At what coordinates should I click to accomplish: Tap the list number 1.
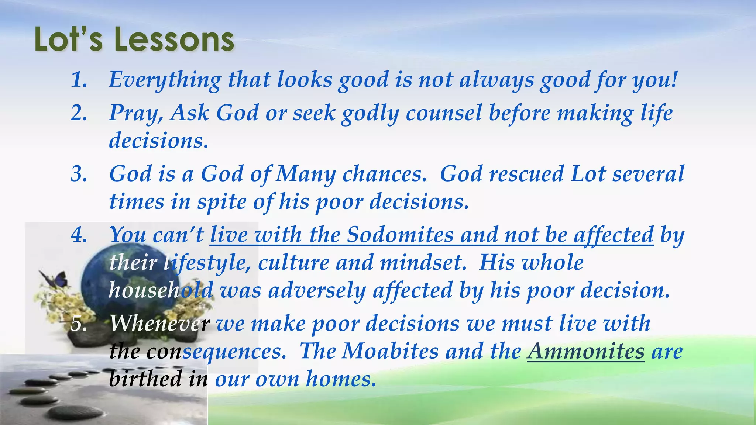click(x=78, y=80)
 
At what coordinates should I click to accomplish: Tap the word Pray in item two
click(x=135, y=113)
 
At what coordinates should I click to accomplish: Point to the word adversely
click(x=317, y=290)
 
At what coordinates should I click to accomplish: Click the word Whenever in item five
click(x=159, y=324)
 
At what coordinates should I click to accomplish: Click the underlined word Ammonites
click(x=585, y=351)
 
